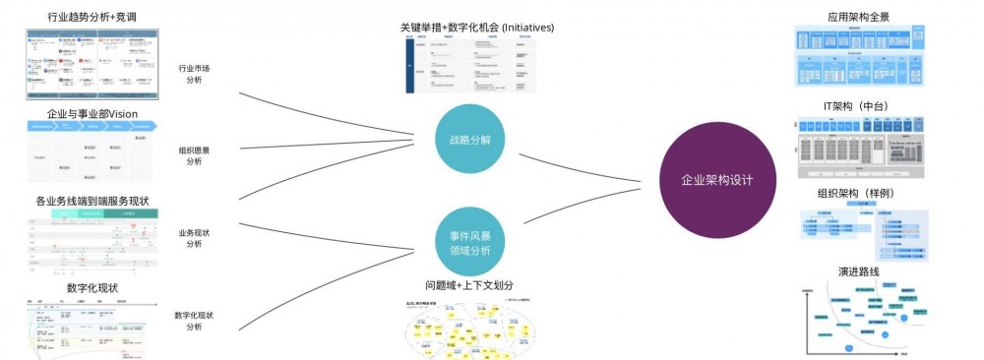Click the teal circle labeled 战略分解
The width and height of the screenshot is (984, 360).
coord(469,140)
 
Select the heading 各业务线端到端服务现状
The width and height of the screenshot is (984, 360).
coord(92,201)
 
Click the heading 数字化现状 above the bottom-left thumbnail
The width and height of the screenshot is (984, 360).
coord(92,287)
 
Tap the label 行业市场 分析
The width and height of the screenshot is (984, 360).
coord(194,74)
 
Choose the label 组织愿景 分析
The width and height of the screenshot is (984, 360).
coord(194,155)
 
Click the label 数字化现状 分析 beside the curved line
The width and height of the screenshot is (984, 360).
coord(194,321)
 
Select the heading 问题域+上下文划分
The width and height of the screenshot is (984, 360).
coord(469,285)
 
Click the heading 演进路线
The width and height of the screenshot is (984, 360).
coord(859,270)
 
